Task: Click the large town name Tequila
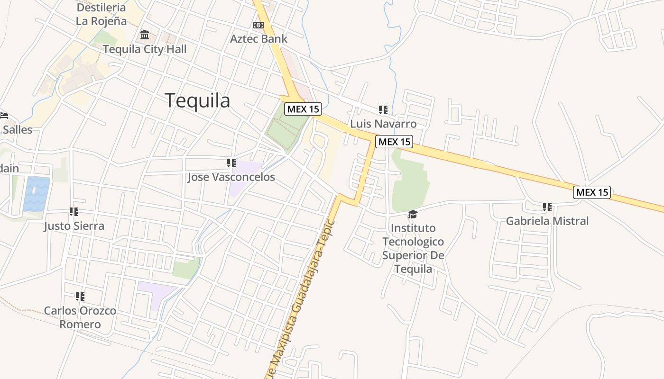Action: coord(197,100)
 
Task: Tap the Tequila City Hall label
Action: coord(145,49)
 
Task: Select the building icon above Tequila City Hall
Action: coord(145,35)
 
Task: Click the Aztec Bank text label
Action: coord(258,38)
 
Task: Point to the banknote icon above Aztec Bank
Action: coord(258,25)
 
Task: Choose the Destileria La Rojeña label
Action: coord(101,14)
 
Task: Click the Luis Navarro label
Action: coord(383,124)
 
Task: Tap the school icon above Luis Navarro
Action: coord(383,110)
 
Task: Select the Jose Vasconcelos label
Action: coord(231,177)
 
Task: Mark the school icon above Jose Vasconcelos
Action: coord(231,163)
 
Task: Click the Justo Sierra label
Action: coord(74,226)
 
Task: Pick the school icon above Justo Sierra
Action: coord(74,212)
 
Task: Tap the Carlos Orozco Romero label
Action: coord(80,317)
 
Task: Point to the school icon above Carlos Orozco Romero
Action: coord(80,297)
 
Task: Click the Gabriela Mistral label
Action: coord(547,221)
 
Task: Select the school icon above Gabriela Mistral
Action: coord(547,207)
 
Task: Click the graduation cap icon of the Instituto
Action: coord(413,215)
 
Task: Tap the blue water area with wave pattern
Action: coord(37,194)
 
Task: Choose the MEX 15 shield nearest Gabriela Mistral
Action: coord(591,192)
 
